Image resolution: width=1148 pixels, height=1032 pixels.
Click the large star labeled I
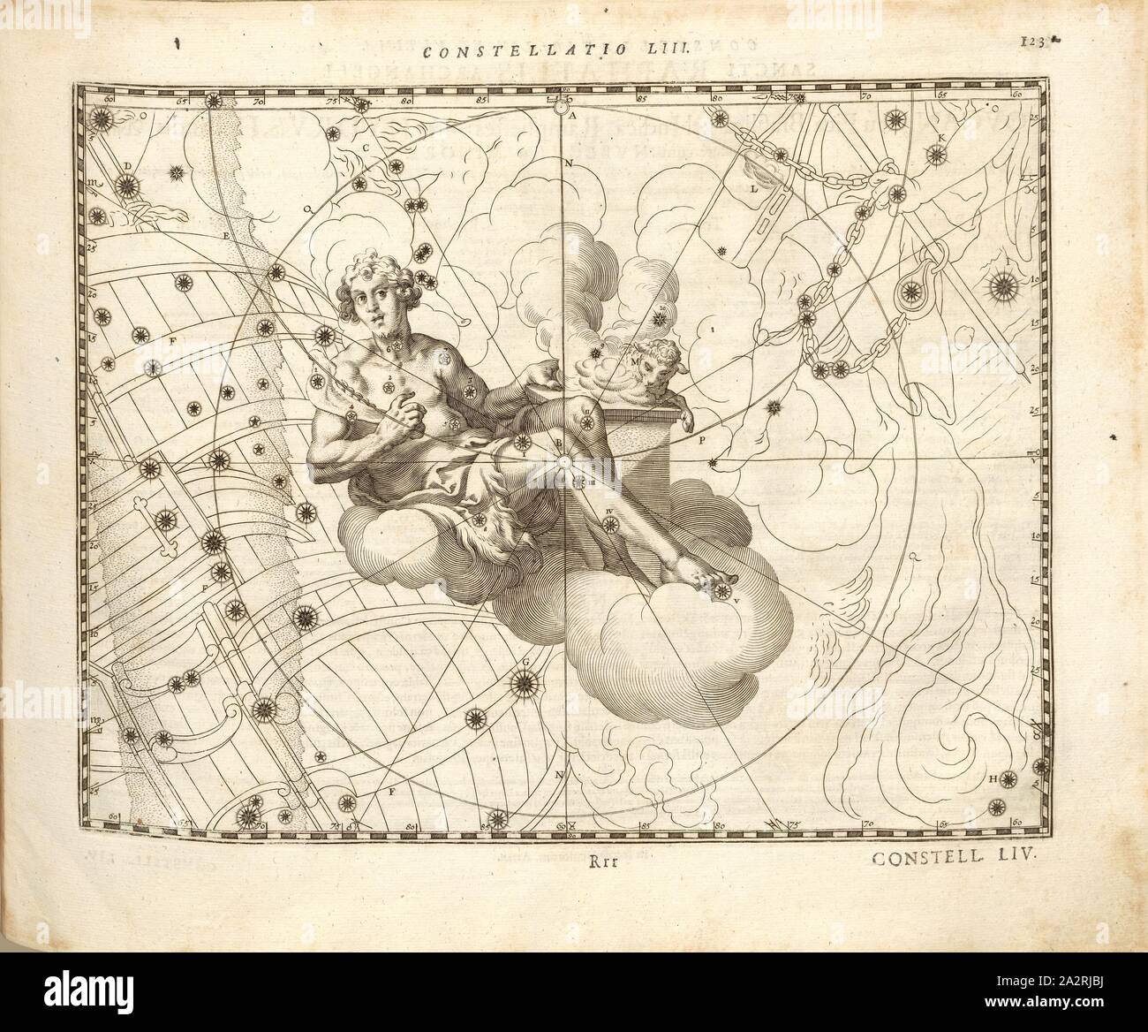tap(1006, 285)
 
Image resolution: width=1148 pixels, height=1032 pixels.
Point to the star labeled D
tap(126, 186)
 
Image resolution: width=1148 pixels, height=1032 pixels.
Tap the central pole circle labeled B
tap(563, 460)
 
